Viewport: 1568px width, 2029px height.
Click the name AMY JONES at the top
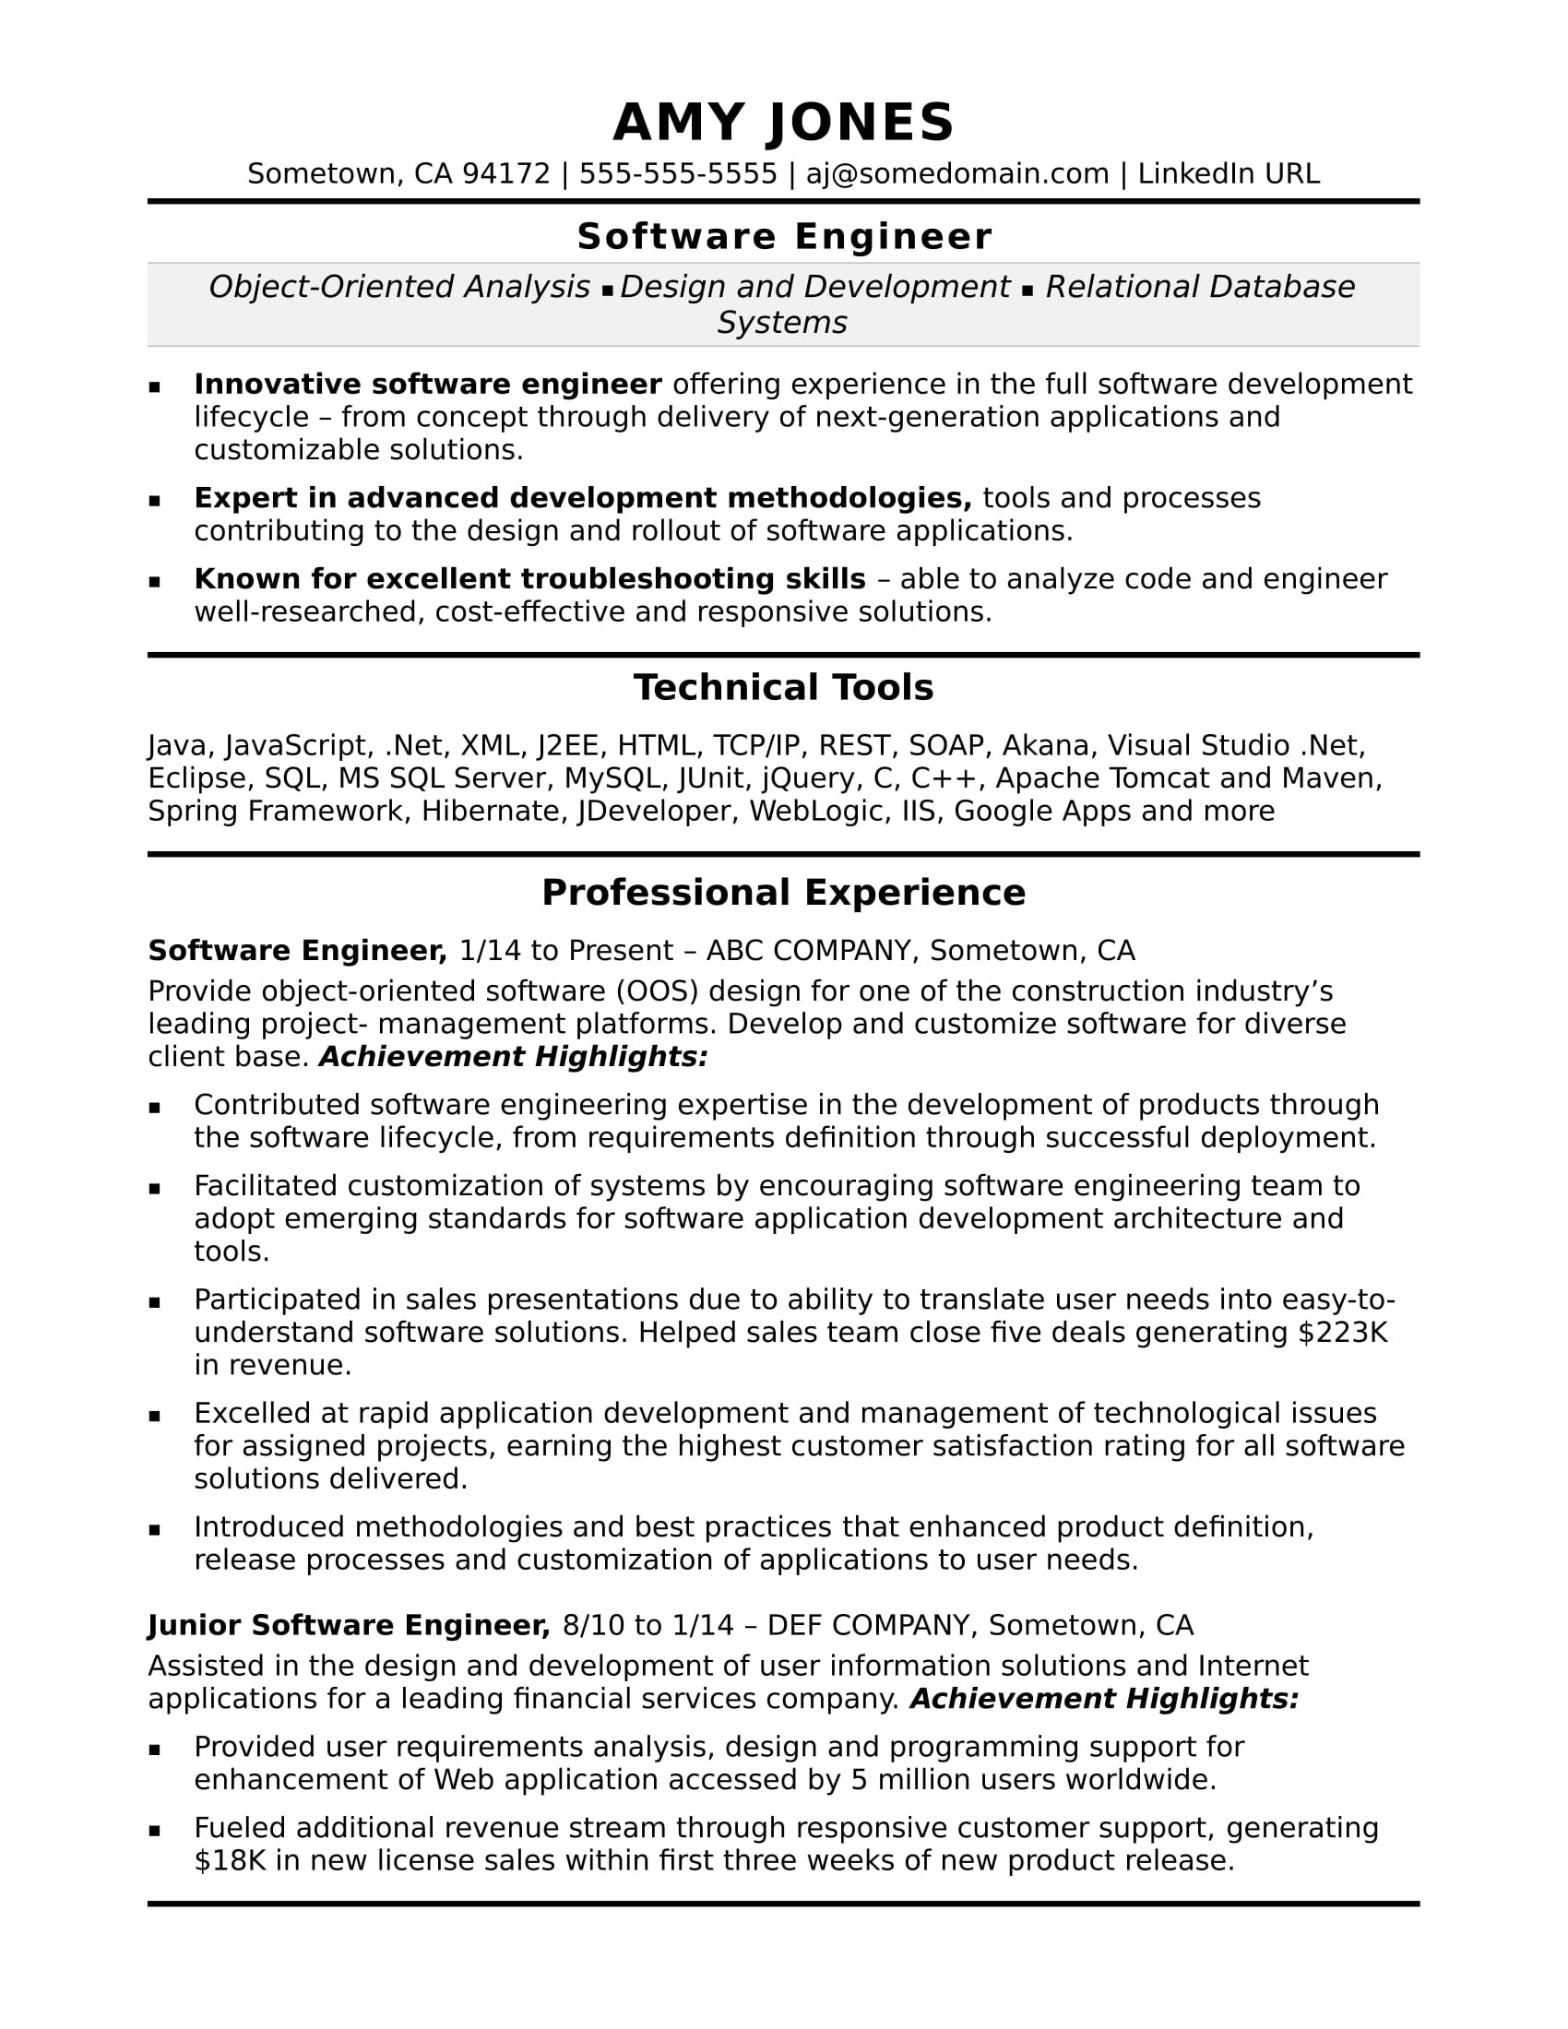click(x=783, y=123)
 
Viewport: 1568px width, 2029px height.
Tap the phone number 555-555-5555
click(x=678, y=173)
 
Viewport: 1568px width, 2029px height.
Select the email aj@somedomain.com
click(x=956, y=173)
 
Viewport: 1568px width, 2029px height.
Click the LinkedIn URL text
click(x=1228, y=173)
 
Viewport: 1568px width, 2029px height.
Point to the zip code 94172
click(x=506, y=173)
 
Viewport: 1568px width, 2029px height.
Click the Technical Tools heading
click(x=783, y=688)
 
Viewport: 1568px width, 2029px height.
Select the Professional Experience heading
click(x=783, y=893)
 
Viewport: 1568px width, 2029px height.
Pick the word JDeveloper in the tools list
click(x=656, y=811)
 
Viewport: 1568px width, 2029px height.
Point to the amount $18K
click(x=231, y=1861)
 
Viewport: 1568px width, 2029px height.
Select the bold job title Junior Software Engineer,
click(x=350, y=1625)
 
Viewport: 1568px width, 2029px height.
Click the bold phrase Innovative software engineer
click(x=427, y=384)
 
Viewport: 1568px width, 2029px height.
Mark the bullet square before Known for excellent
click(x=154, y=582)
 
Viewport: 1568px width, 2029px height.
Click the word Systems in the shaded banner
click(x=782, y=323)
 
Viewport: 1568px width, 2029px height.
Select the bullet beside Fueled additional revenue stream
click(x=154, y=1830)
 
